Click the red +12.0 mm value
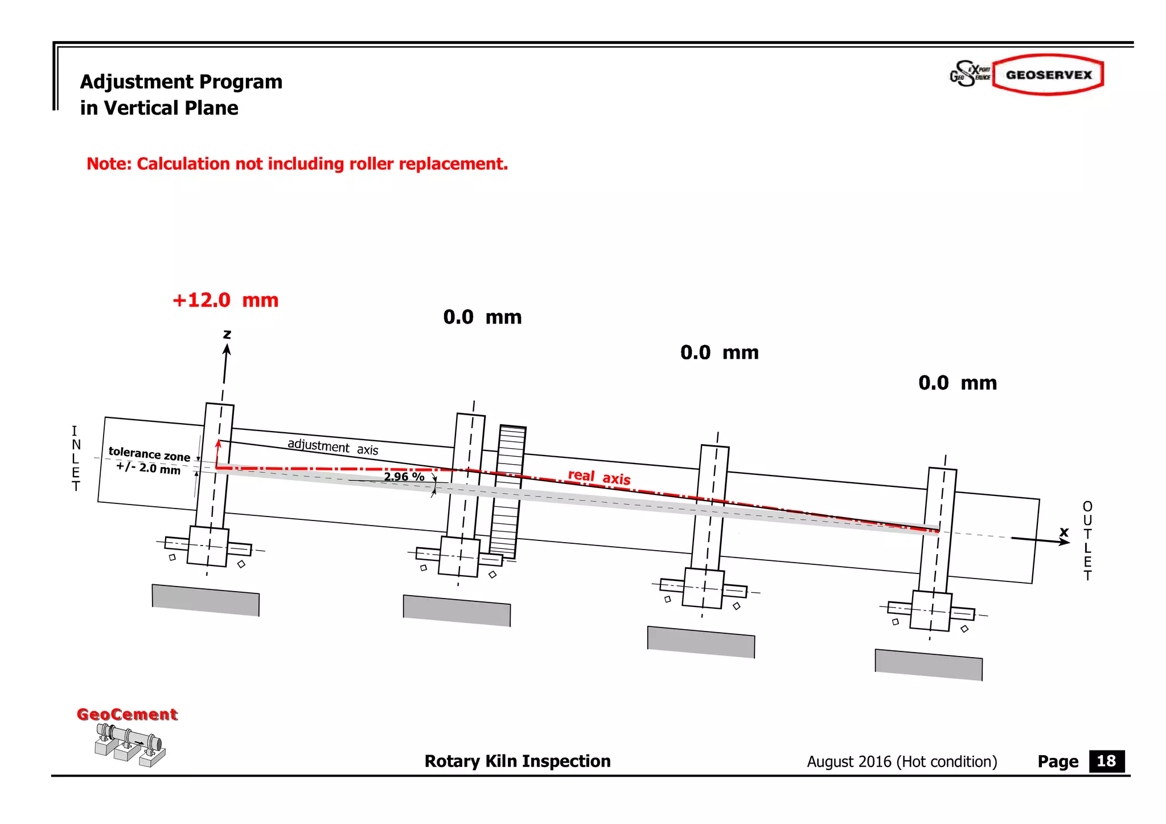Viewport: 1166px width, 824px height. tap(225, 300)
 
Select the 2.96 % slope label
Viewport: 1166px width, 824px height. tap(404, 477)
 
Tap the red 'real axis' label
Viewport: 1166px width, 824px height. tap(599, 477)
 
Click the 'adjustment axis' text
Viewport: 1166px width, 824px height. tap(332, 446)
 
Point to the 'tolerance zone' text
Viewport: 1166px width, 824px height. tap(149, 454)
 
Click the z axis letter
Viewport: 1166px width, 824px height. tap(227, 334)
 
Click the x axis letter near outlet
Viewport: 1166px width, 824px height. tap(1064, 532)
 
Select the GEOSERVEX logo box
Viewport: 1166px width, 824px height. tap(1048, 75)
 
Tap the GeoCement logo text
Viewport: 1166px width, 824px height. tap(127, 714)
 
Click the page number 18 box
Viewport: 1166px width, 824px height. tap(1106, 761)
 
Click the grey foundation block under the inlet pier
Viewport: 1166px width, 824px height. tap(206, 600)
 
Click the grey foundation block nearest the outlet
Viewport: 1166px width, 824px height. tap(929, 665)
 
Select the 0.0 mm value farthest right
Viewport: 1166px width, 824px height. tap(958, 383)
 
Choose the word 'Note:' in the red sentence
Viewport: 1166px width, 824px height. tap(109, 164)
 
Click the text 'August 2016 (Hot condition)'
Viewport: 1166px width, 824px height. tap(902, 762)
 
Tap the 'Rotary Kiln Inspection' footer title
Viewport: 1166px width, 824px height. tap(517, 761)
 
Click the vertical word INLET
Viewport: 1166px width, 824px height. tap(76, 458)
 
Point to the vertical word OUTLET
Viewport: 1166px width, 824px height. tap(1087, 541)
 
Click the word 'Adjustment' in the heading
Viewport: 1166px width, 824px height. tap(133, 82)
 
